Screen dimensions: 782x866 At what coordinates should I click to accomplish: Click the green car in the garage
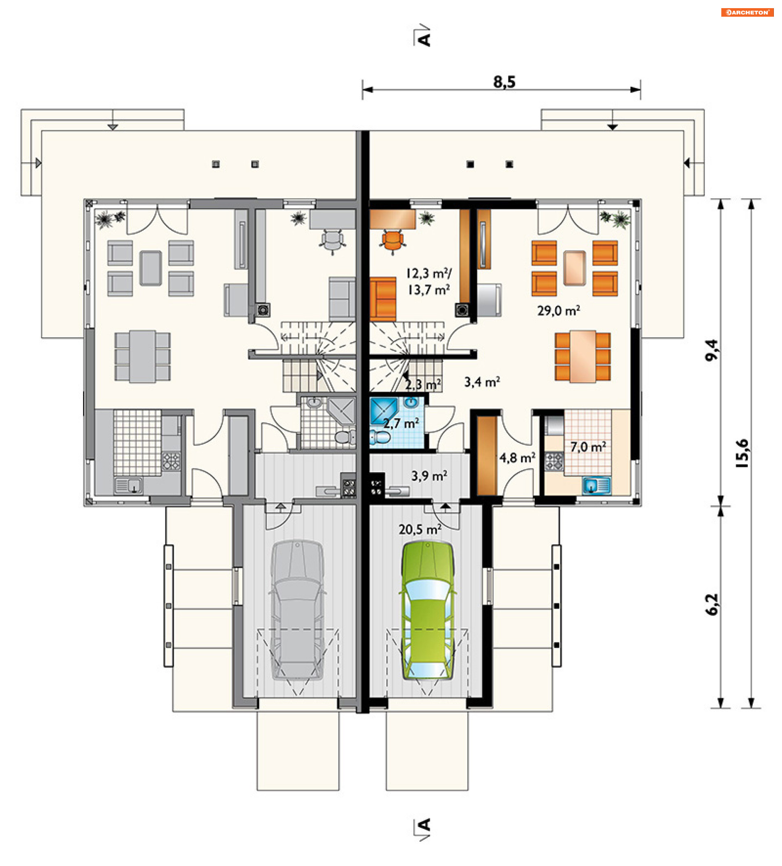coord(427,611)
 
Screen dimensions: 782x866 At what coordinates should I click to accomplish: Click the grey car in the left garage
coord(297,611)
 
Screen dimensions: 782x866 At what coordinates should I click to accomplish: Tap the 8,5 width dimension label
coord(504,81)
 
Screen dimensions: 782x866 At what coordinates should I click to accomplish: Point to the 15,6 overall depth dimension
coord(742,453)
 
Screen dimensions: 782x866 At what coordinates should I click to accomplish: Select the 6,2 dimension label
coord(712,604)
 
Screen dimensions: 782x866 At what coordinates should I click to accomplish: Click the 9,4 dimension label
coord(712,350)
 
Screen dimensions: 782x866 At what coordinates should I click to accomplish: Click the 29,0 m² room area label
coord(558,310)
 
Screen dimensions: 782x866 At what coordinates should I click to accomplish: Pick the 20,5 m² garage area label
coord(420,529)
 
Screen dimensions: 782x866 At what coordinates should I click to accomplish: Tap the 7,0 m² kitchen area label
coord(588,447)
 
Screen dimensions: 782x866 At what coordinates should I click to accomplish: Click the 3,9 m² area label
coord(429,475)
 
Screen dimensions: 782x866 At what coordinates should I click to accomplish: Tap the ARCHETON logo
coord(747,13)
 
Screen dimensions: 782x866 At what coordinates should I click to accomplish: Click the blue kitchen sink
coord(596,486)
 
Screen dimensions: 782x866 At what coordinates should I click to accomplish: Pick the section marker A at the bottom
coord(424,829)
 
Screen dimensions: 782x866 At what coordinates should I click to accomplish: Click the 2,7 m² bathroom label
coord(401,424)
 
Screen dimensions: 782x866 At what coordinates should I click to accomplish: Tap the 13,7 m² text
coord(428,290)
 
